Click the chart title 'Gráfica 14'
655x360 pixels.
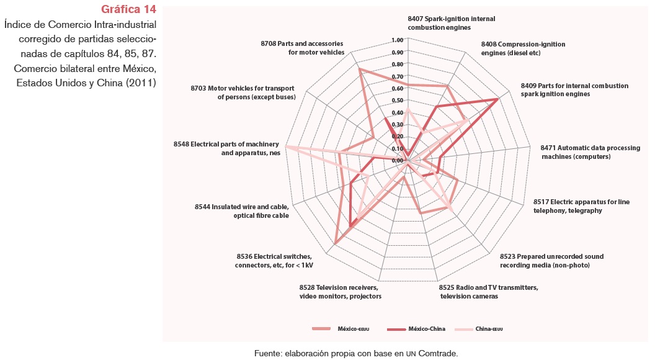(x=128, y=10)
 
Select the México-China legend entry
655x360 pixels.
(x=427, y=328)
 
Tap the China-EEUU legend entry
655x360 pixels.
(x=489, y=328)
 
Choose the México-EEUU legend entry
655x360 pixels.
(x=353, y=328)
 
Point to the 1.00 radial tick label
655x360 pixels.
(x=398, y=40)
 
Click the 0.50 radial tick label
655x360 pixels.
(x=398, y=101)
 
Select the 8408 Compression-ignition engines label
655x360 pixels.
(x=523, y=48)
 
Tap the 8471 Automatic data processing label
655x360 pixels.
(x=590, y=152)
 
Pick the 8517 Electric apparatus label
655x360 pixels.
(x=581, y=206)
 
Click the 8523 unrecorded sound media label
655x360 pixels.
(x=551, y=261)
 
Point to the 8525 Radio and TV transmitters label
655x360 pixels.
(x=488, y=292)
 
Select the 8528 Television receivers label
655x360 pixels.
(x=340, y=292)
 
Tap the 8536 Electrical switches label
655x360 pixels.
(x=274, y=261)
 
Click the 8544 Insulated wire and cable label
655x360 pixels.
(x=242, y=211)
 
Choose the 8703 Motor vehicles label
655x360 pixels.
(x=243, y=92)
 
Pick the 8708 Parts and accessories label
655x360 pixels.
(x=303, y=48)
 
